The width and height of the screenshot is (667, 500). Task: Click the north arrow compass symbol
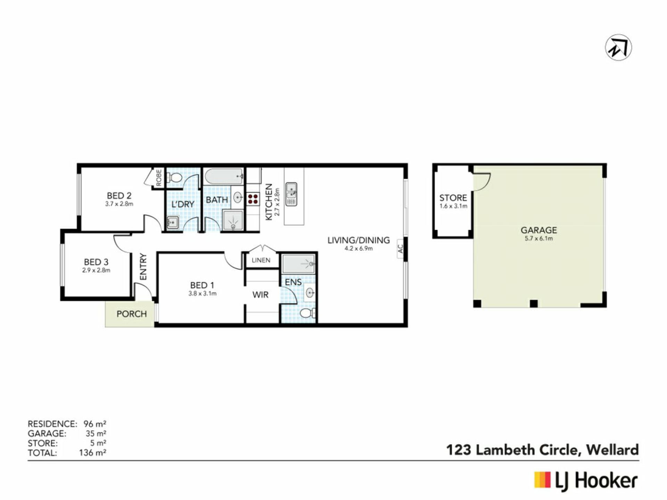[x=618, y=48]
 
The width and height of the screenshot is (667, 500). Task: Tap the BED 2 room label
[x=119, y=196]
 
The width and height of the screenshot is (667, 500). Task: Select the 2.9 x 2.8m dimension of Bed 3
[x=96, y=270]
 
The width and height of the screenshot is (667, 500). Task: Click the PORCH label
[x=132, y=314]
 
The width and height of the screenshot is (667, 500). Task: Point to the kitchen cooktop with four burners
[x=253, y=199]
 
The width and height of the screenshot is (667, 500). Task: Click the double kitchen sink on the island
[x=291, y=194]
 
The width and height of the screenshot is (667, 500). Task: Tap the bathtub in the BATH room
[x=224, y=176]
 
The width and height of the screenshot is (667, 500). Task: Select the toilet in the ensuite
[x=308, y=314]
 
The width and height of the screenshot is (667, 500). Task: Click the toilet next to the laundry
[x=175, y=178]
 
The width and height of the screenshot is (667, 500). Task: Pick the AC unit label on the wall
[x=401, y=249]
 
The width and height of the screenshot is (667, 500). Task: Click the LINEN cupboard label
[x=261, y=260]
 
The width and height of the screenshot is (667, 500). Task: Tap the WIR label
[x=261, y=295]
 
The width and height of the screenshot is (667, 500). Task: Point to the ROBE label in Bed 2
[x=159, y=177]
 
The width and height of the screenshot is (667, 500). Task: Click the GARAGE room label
[x=539, y=230]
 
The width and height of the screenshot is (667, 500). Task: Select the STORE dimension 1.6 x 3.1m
[x=453, y=206]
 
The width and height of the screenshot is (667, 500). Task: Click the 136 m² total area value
[x=93, y=453]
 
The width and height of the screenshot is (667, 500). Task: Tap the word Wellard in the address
[x=612, y=450]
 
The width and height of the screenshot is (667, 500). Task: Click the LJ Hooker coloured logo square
[x=542, y=480]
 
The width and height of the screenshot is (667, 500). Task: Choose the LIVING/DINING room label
[x=359, y=240]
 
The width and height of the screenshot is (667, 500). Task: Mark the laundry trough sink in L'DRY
[x=173, y=222]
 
